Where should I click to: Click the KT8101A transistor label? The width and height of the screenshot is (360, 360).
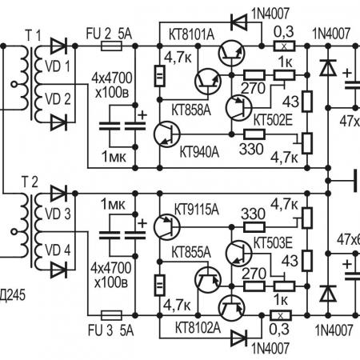[x=191, y=34]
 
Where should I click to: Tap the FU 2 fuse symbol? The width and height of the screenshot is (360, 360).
[x=112, y=46]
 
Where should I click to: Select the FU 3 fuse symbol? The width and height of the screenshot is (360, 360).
[x=112, y=315]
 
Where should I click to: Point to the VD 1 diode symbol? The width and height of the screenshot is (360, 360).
[x=58, y=46]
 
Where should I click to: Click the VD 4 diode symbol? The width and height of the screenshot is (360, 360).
[x=58, y=270]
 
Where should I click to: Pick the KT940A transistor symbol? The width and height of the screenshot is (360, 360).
[x=167, y=134]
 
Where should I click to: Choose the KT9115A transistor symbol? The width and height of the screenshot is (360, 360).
[x=167, y=226]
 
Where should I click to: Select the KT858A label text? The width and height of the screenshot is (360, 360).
[x=191, y=110]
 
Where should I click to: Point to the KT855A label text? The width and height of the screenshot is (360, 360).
[x=191, y=252]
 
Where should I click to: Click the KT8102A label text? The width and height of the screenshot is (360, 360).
[x=198, y=327]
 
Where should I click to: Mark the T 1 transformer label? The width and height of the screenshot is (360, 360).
[x=34, y=35]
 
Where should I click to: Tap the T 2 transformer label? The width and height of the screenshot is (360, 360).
[x=30, y=182]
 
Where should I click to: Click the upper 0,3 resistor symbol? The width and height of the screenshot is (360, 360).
[x=284, y=46]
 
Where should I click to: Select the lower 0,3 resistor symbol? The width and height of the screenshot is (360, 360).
[x=281, y=316]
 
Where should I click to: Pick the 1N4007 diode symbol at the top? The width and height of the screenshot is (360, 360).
[x=239, y=22]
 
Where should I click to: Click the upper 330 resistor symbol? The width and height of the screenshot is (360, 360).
[x=254, y=134]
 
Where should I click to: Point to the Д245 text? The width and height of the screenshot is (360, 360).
[x=13, y=295]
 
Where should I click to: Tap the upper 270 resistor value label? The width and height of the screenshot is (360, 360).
[x=253, y=88]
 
